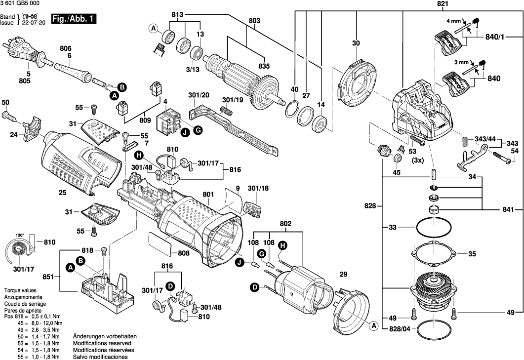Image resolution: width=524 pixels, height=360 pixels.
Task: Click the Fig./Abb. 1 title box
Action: coord(75,19)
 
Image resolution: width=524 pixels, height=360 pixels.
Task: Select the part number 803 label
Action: coord(254,21)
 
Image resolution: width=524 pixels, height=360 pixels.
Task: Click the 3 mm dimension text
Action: coord(461,63)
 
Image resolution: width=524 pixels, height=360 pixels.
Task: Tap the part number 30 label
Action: coord(356,43)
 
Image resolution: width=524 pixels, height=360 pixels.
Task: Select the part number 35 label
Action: coord(472,254)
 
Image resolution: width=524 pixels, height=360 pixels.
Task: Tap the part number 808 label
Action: coord(184,253)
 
